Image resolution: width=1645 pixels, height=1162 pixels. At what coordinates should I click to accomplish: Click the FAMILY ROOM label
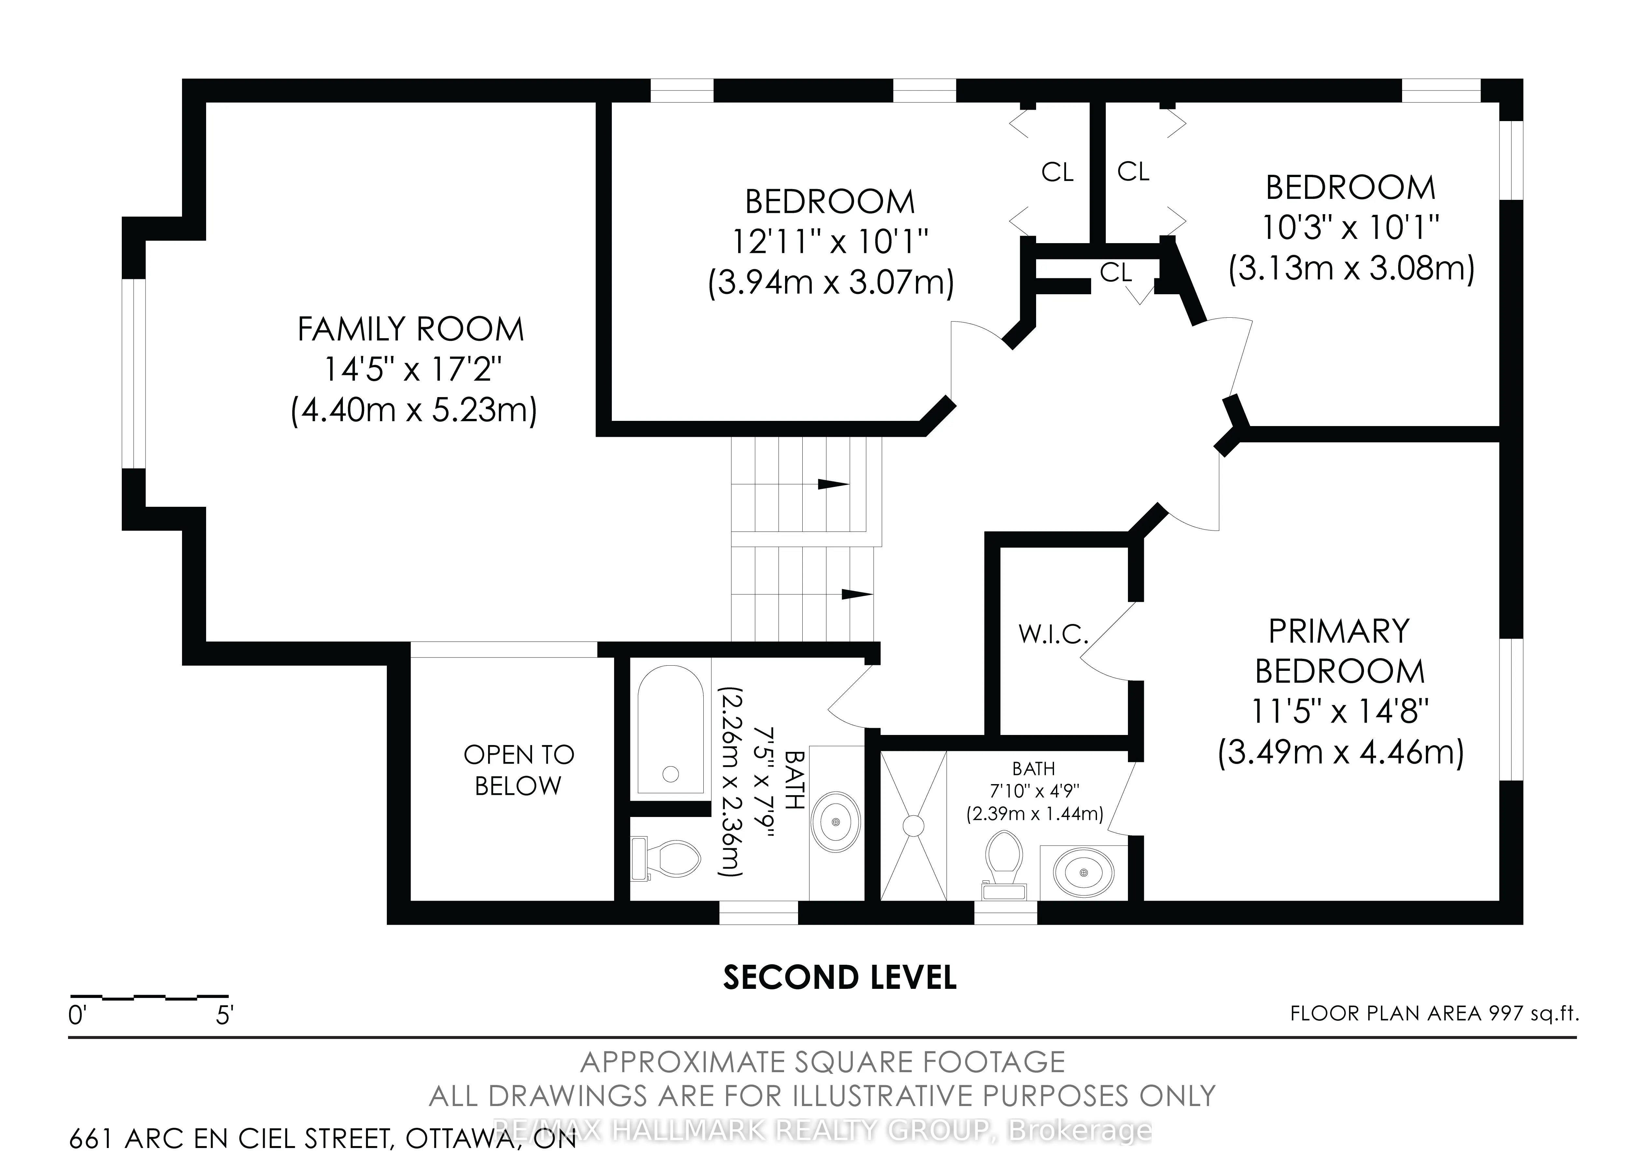pyautogui.click(x=411, y=329)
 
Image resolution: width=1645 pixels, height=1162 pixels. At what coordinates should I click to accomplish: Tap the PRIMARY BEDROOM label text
pyautogui.click(x=1339, y=651)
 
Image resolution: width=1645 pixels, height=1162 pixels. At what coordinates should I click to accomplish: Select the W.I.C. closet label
pyautogui.click(x=1053, y=633)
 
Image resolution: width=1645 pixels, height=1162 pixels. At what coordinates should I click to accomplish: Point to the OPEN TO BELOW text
pyautogui.click(x=519, y=770)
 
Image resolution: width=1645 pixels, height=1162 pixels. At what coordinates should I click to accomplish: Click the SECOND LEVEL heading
pyautogui.click(x=840, y=977)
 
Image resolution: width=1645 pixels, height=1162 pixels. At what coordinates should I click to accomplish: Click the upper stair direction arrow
pyautogui.click(x=833, y=484)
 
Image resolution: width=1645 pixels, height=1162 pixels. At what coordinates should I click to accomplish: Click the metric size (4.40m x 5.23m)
pyautogui.click(x=414, y=411)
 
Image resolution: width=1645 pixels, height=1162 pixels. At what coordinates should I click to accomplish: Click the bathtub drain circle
pyautogui.click(x=671, y=774)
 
